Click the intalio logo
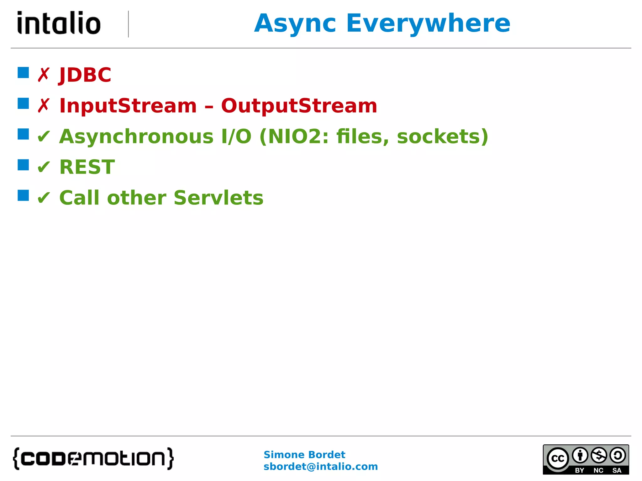(59, 23)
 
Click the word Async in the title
(295, 24)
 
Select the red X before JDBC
(44, 75)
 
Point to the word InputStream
(128, 106)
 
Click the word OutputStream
(299, 106)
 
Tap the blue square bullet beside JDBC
(23, 73)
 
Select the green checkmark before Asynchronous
(44, 137)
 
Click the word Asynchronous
(136, 137)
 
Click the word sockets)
(442, 137)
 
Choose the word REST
(87, 167)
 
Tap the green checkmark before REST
(44, 167)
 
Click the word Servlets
(218, 198)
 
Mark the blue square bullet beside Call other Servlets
(23, 195)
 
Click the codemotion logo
(93, 459)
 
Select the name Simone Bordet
(304, 455)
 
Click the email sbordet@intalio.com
(320, 467)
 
